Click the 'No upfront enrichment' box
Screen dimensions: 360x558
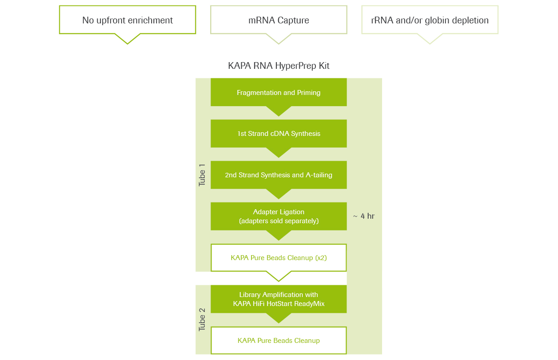(x=127, y=20)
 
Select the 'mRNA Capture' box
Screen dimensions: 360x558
(x=279, y=20)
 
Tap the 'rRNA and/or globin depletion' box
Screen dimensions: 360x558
(x=430, y=20)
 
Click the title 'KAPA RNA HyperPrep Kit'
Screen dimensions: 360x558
(x=279, y=66)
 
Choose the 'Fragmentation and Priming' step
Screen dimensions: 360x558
(x=279, y=92)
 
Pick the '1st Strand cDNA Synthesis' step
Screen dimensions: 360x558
(x=279, y=134)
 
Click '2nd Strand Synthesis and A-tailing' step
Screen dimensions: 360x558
(x=279, y=175)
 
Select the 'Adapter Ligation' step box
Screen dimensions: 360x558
(x=279, y=216)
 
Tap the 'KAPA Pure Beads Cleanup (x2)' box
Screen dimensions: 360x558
(x=279, y=258)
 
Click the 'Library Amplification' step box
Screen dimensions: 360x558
(x=279, y=299)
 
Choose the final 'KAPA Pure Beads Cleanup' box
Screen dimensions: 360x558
(x=279, y=340)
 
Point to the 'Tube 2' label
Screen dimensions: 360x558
(x=202, y=319)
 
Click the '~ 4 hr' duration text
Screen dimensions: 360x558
(x=364, y=216)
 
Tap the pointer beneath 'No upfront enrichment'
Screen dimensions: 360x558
(x=127, y=39)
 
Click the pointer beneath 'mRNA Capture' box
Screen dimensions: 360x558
(x=279, y=39)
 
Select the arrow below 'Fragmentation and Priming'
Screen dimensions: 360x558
(x=279, y=111)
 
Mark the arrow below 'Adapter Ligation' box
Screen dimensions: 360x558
(x=279, y=235)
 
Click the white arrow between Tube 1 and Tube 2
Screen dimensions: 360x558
(x=279, y=276)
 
